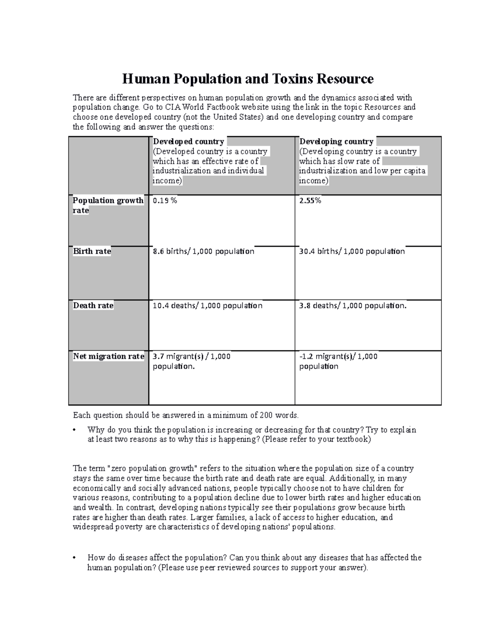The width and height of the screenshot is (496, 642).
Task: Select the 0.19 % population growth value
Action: (x=165, y=200)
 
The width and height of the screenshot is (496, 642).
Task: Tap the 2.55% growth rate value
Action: (x=310, y=200)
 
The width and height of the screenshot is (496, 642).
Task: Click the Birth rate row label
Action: (x=92, y=251)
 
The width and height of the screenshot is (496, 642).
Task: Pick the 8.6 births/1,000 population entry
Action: (x=203, y=251)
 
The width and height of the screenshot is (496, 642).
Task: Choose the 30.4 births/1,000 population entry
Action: (x=352, y=251)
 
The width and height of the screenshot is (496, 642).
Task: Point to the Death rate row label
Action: (x=93, y=305)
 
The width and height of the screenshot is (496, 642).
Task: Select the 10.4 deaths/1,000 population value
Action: (x=207, y=305)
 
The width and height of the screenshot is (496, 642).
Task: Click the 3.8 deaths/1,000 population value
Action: (x=353, y=305)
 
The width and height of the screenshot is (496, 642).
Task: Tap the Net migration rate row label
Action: (x=108, y=356)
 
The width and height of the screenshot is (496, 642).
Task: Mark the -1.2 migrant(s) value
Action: (x=338, y=356)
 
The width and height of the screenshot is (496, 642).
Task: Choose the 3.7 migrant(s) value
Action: (x=191, y=356)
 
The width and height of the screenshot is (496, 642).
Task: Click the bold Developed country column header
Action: (x=188, y=141)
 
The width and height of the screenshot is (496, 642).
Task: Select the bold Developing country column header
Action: (x=336, y=141)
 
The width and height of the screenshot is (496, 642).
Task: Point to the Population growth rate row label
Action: (x=107, y=205)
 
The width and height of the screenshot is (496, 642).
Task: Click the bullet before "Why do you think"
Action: (x=74, y=430)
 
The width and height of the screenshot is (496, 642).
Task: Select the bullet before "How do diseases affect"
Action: (x=74, y=558)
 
